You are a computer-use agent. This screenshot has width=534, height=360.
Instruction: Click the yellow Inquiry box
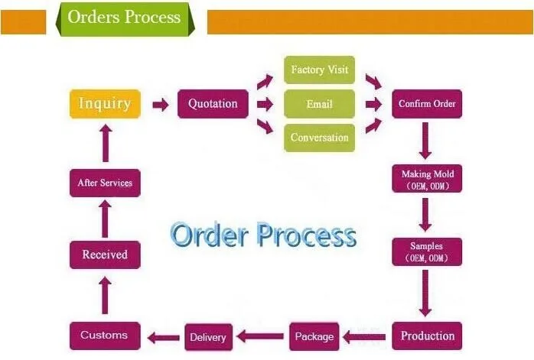pos(105,104)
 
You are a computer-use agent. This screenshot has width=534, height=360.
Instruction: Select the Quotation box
pos(213,104)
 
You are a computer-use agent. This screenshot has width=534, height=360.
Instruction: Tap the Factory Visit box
pos(320,70)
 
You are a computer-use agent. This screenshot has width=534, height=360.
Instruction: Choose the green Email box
pos(320,104)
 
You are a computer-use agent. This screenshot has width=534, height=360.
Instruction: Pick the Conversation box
pos(320,138)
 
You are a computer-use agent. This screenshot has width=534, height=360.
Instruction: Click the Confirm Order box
pos(427,104)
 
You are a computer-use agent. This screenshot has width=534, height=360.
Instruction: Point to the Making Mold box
pos(427,179)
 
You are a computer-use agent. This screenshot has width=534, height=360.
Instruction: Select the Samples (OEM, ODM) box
pos(427,251)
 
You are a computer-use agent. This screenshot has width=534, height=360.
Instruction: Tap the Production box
pos(427,336)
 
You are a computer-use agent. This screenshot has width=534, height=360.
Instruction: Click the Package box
pos(314,336)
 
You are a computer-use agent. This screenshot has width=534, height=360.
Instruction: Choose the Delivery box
pos(208,337)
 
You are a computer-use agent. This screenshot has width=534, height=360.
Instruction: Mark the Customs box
pos(105,336)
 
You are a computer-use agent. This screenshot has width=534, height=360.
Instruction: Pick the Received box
pos(105,255)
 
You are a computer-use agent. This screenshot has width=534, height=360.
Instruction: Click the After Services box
pos(105,183)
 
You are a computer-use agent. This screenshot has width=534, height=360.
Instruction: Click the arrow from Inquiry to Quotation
pos(161,105)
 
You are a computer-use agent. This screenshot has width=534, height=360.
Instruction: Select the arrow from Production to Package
pos(364,337)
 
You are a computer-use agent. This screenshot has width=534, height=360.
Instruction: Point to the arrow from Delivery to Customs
pos(164,338)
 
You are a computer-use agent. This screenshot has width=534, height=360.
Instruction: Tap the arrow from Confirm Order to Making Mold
pos(425,141)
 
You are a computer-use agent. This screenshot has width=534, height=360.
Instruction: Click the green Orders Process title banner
pos(125,18)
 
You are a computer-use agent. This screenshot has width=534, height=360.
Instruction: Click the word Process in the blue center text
pos(306,235)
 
